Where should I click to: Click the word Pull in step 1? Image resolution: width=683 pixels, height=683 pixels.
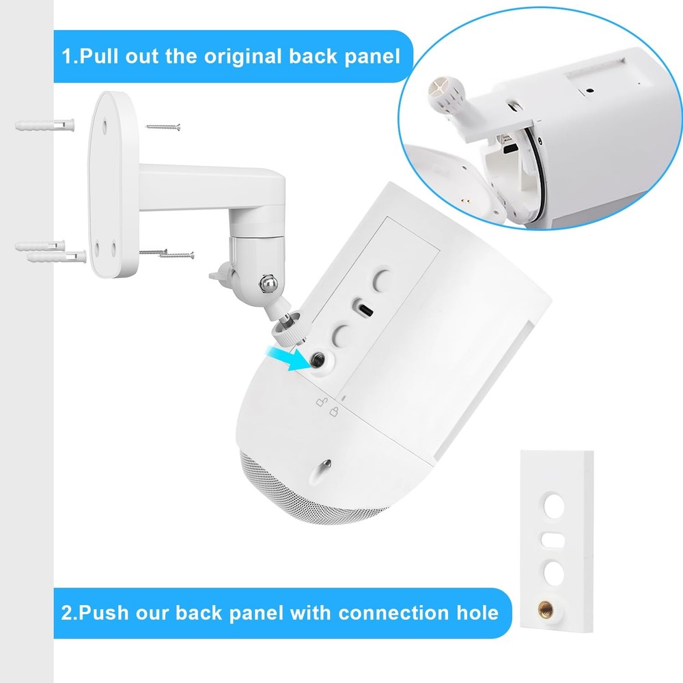coord(100,55)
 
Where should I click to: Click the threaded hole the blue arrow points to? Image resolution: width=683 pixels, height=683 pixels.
coord(318,361)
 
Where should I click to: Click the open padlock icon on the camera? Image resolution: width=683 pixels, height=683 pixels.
coord(320,402)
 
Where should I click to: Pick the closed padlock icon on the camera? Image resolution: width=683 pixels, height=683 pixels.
coord(335,410)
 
